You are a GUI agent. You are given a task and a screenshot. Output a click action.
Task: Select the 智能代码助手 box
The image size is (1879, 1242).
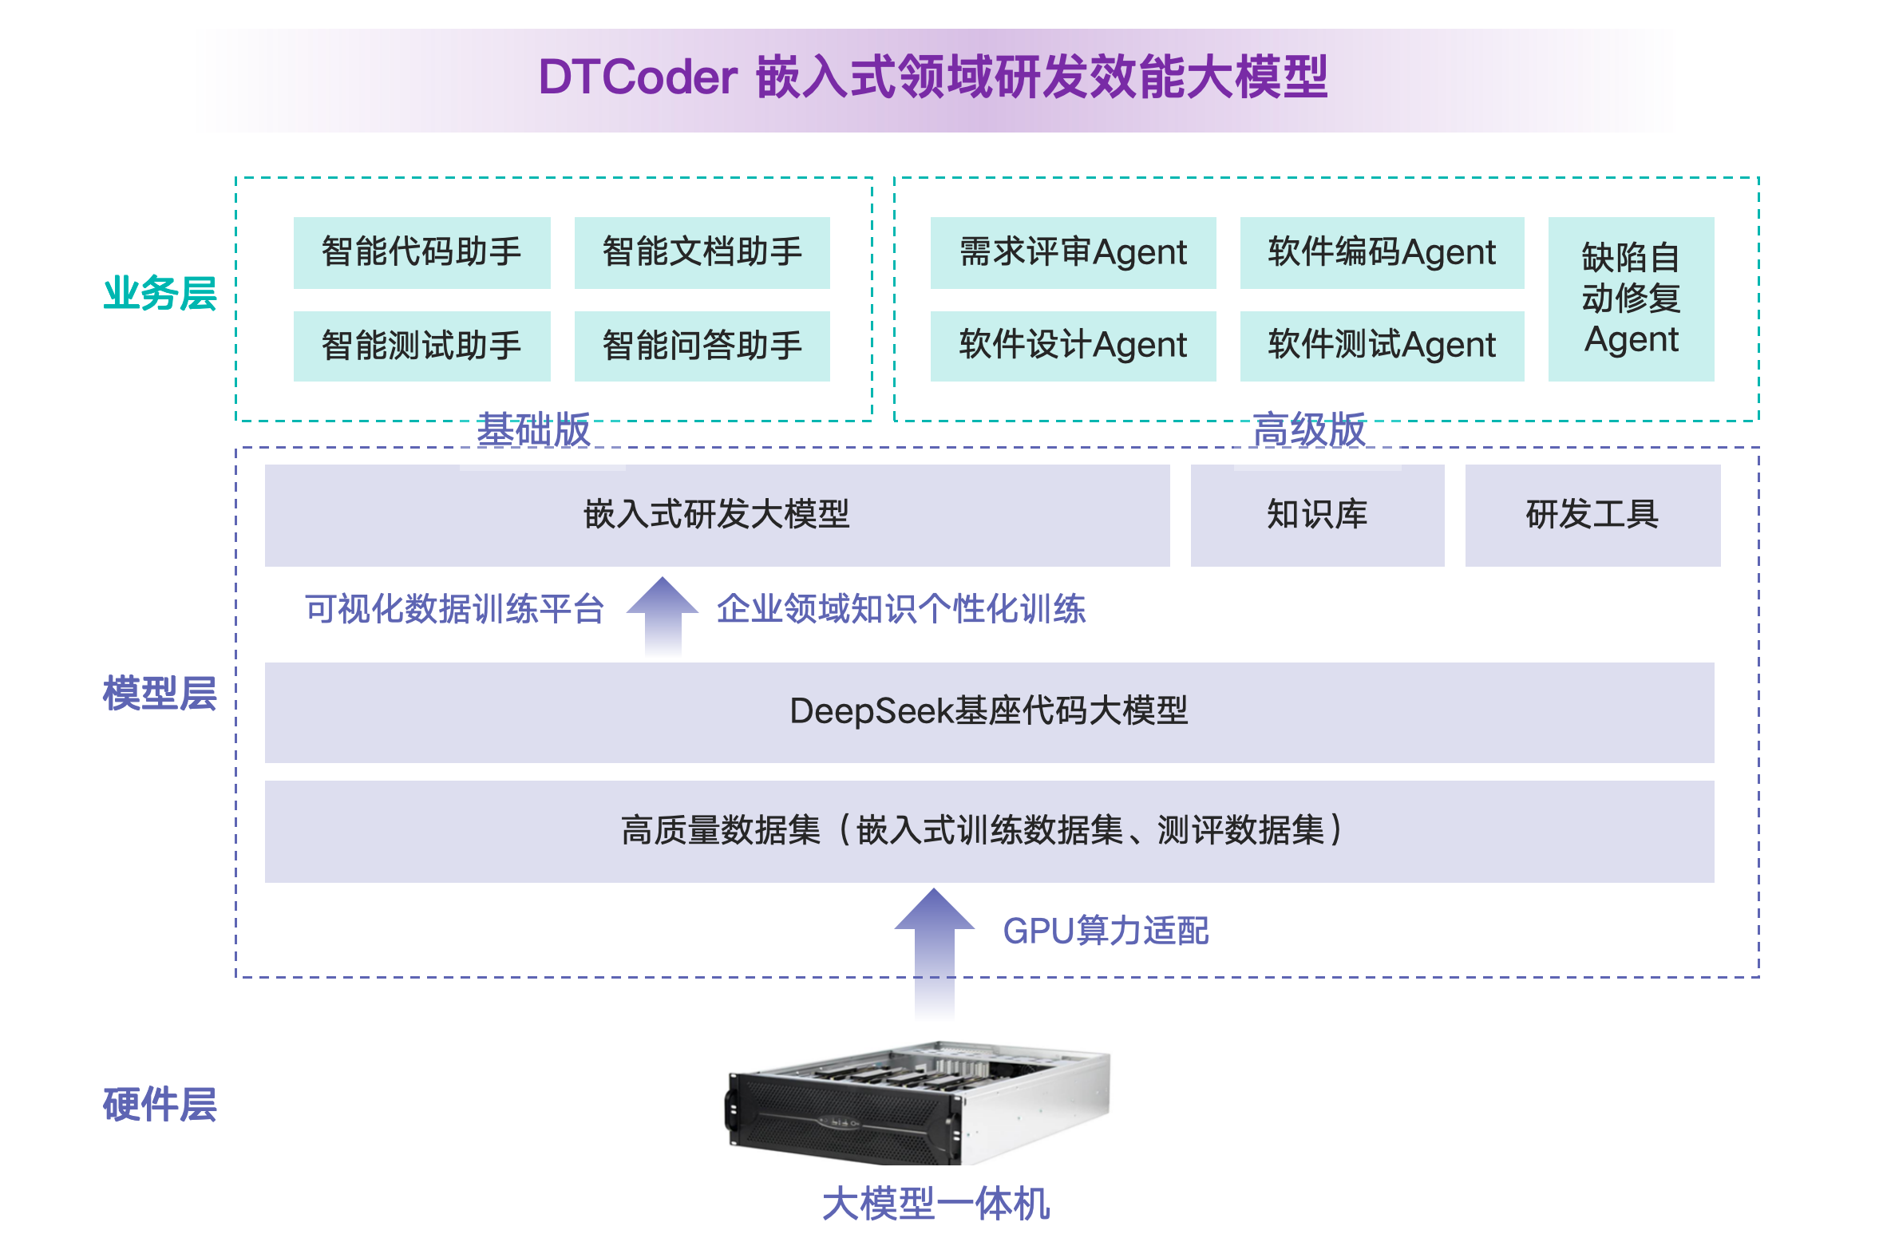point(421,252)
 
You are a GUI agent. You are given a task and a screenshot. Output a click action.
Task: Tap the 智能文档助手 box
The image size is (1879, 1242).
point(702,252)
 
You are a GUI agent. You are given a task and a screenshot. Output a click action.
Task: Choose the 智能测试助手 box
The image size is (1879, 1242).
point(421,346)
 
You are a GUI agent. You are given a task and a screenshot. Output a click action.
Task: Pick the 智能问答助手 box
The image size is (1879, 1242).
point(702,346)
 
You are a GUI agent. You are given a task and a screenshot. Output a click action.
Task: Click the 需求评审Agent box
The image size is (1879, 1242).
point(1072,252)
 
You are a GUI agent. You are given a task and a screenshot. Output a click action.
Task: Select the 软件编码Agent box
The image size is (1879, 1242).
point(1381,252)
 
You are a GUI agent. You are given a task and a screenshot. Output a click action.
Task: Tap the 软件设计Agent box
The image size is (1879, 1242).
point(1072,346)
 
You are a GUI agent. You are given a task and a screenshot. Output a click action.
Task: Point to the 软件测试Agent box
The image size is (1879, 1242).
point(1381,346)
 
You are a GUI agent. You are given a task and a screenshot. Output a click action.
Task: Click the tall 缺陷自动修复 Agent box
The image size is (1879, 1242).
point(1630,299)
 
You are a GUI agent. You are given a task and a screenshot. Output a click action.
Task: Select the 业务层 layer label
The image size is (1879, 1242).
point(160,293)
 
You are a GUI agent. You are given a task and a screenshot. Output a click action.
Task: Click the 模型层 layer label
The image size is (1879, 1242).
point(160,693)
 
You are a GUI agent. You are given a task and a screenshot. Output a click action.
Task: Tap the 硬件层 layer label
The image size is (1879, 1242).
point(160,1105)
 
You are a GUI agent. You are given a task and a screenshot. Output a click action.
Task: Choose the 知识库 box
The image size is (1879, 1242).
point(1316,515)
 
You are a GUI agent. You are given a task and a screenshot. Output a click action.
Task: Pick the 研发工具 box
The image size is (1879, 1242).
point(1592,515)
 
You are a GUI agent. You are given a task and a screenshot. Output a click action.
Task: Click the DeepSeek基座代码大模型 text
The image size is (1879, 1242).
point(988,710)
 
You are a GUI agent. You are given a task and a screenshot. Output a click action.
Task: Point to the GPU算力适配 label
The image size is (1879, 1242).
point(1105,931)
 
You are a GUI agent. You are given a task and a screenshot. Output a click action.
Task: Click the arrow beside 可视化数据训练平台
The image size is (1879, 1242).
point(663,615)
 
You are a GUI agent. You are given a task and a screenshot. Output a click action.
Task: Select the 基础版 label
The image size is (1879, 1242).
point(533,430)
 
